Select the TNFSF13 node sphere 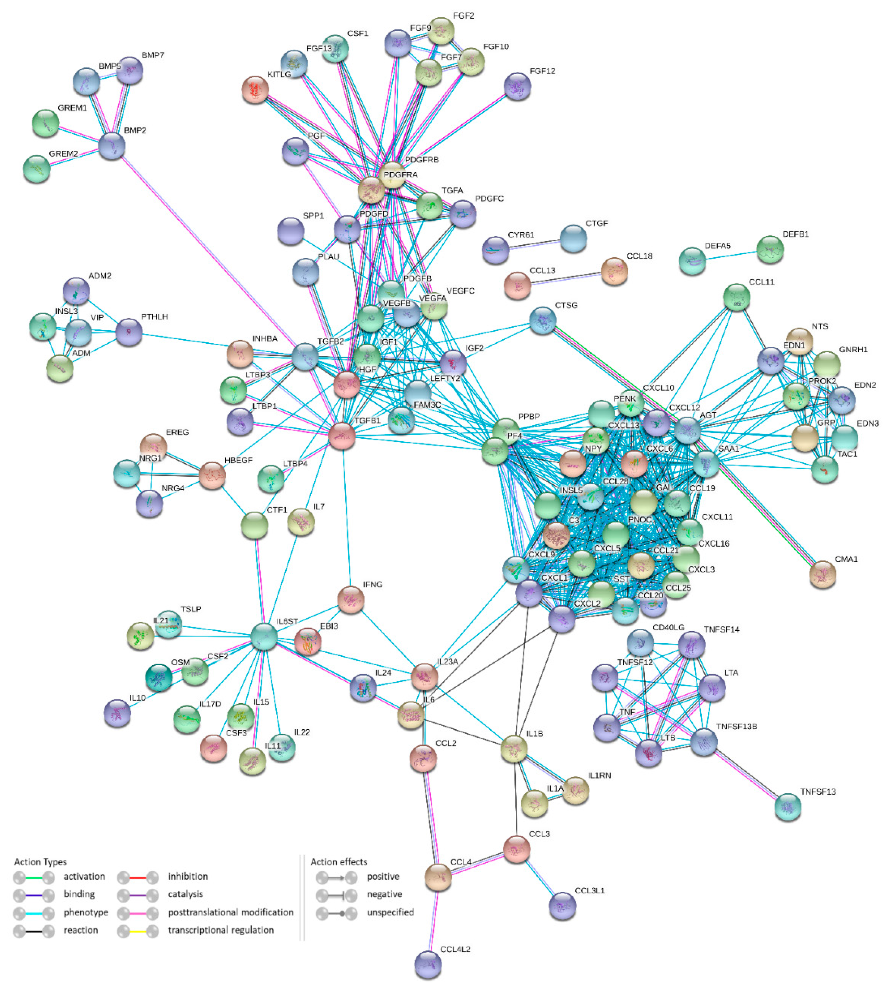pyautogui.click(x=788, y=807)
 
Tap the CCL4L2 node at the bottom pyautogui.click(x=428, y=965)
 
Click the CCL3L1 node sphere pyautogui.click(x=562, y=906)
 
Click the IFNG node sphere pyautogui.click(x=351, y=599)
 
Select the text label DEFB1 pyautogui.click(x=796, y=234)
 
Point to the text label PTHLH pyautogui.click(x=155, y=317)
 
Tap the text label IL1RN pyautogui.click(x=599, y=775)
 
